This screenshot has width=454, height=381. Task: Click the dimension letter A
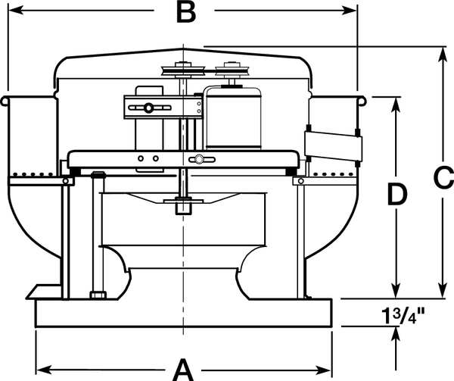pyautogui.click(x=183, y=368)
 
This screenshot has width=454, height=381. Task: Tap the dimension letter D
pyautogui.click(x=396, y=195)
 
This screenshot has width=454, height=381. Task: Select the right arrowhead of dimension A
pyautogui.click(x=326, y=369)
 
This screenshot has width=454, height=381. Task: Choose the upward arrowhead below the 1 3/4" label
pyautogui.click(x=396, y=334)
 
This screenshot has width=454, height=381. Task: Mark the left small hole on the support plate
pyautogui.click(x=142, y=159)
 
